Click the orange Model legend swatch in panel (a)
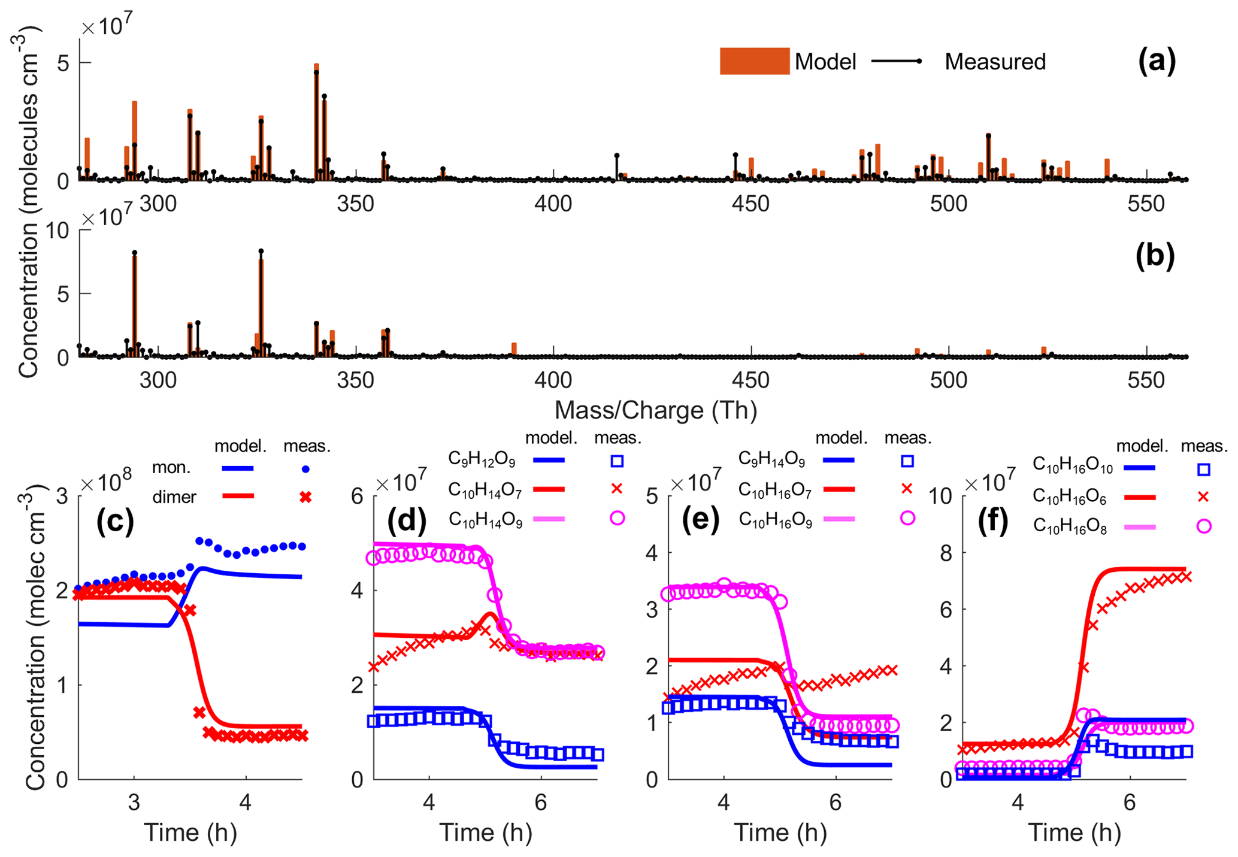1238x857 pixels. pyautogui.click(x=754, y=61)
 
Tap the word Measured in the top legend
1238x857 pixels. pyautogui.click(x=995, y=62)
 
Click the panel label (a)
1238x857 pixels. pyautogui.click(x=1156, y=61)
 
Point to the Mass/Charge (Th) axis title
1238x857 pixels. pyautogui.click(x=655, y=410)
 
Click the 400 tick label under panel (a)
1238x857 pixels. pyautogui.click(x=553, y=204)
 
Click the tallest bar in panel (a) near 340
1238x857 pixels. pyautogui.click(x=316, y=120)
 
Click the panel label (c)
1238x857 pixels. pyautogui.click(x=115, y=521)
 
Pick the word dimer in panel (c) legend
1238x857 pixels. pyautogui.click(x=174, y=496)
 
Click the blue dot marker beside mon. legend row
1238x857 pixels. pyautogui.click(x=305, y=470)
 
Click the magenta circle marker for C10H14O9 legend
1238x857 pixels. pyautogui.click(x=617, y=518)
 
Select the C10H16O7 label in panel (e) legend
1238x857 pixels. pyautogui.click(x=774, y=490)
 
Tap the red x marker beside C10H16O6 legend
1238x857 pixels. pyautogui.click(x=1203, y=496)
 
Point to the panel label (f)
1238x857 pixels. pyautogui.click(x=997, y=521)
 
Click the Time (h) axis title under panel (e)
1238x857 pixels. pyautogui.click(x=780, y=832)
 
